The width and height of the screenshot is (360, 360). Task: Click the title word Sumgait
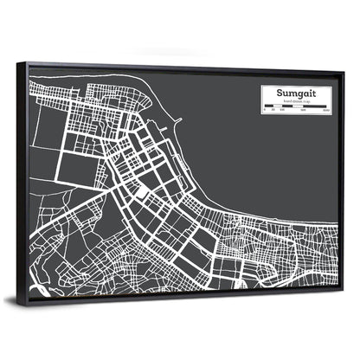[x=296, y=89]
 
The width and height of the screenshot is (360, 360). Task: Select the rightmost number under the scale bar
[x=325, y=112]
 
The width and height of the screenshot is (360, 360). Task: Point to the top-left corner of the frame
[x=25, y=61]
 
